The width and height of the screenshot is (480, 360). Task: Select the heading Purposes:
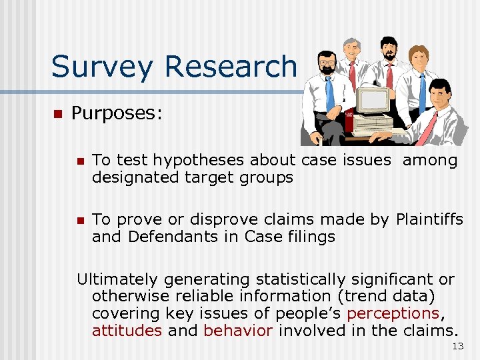tap(117, 113)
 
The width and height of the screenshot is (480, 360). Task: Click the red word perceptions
tap(393, 313)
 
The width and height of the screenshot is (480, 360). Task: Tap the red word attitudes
tap(127, 331)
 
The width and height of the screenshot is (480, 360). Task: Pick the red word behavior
tap(238, 331)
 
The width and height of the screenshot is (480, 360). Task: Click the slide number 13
tap(457, 345)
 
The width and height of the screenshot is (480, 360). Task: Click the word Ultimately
tap(117, 279)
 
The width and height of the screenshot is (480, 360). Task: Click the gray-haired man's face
tap(351, 51)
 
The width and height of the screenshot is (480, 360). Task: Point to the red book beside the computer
tap(349, 120)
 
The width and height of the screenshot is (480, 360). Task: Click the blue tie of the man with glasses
tap(329, 93)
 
